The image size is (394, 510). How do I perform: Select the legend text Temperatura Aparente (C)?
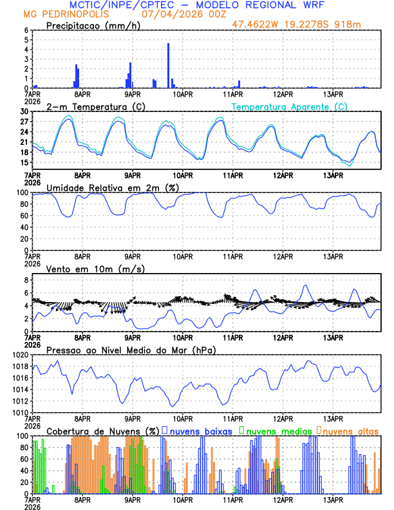pyautogui.click(x=289, y=106)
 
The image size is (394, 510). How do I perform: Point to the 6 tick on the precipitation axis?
pyautogui.click(x=26, y=30)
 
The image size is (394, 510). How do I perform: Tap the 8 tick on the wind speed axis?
pyautogui.click(x=26, y=280)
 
